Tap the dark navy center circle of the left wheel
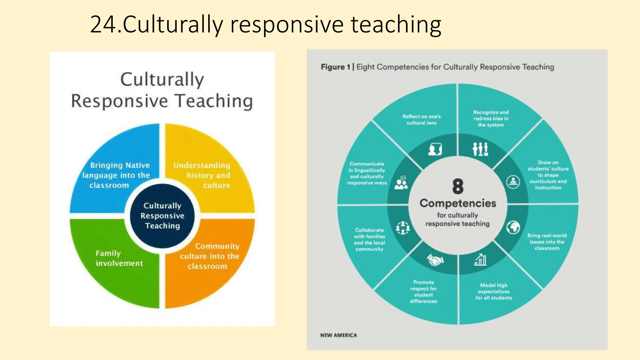point(162,216)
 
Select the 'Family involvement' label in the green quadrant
point(119,258)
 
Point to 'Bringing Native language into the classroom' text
point(116,175)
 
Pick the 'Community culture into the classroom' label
point(210,256)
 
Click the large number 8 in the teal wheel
point(458,186)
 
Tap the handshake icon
point(435,260)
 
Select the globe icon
point(513,227)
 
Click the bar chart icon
point(480,259)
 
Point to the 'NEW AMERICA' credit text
point(338,335)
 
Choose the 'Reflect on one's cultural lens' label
point(422,120)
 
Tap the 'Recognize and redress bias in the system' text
point(491,118)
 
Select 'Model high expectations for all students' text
point(494,292)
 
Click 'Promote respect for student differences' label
point(423,292)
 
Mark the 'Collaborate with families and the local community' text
point(369,239)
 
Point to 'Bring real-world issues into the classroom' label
point(547,242)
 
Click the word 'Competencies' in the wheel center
point(458,203)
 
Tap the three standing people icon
point(480,149)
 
